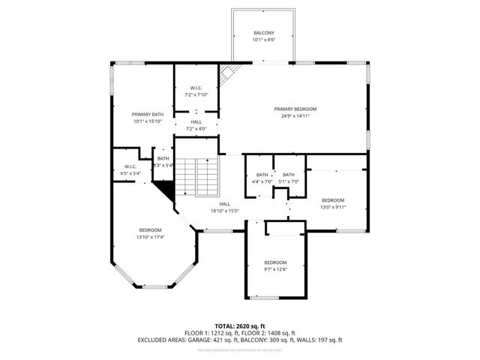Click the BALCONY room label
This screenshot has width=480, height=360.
(263, 34)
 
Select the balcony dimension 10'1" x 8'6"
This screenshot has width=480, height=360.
(263, 40)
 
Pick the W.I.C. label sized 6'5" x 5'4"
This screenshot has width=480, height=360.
(130, 173)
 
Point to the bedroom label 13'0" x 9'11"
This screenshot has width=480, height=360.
(333, 200)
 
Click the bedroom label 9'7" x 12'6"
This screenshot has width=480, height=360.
(275, 262)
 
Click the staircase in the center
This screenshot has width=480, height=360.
(206, 177)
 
